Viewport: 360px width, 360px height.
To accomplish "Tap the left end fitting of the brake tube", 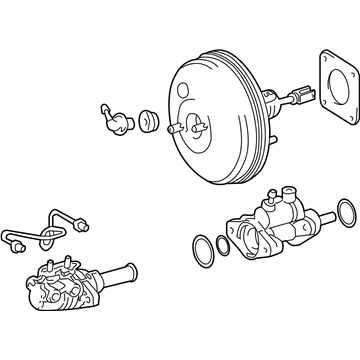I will (x=16, y=238).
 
